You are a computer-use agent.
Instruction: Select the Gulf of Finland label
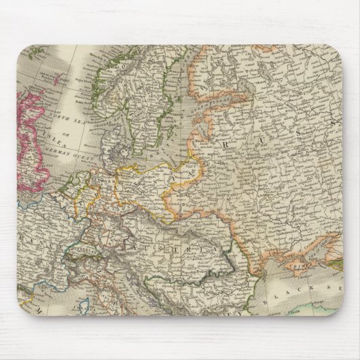click(x=170, y=102)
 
